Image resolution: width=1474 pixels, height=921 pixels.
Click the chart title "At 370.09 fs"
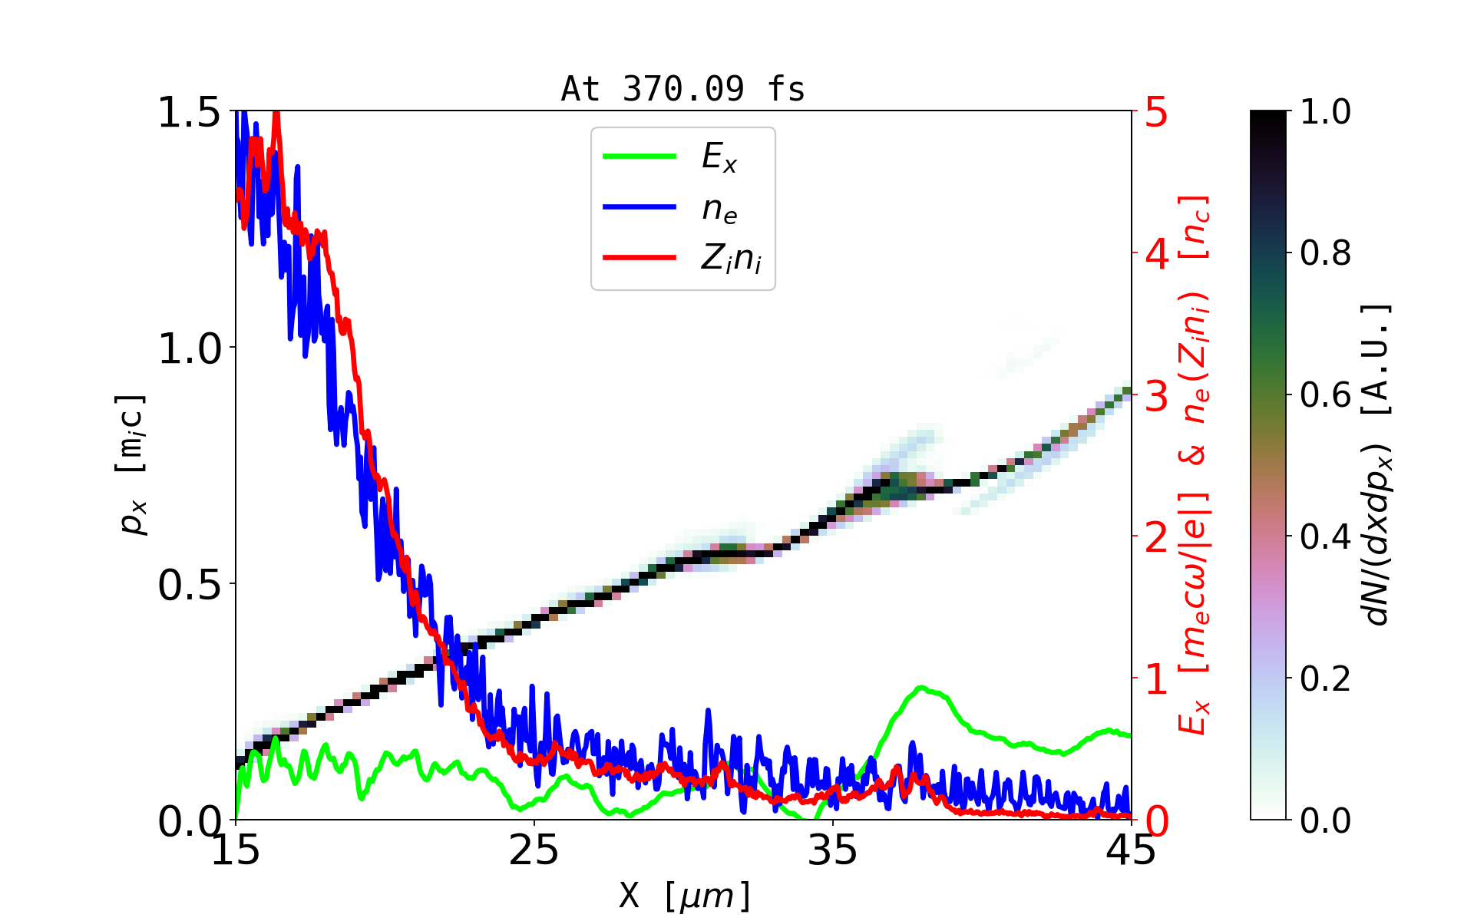click(x=682, y=89)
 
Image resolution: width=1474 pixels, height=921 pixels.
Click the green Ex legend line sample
click(x=640, y=157)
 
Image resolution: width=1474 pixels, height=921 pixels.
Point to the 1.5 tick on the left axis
click(x=189, y=113)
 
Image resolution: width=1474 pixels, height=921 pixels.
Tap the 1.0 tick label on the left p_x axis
click(x=189, y=349)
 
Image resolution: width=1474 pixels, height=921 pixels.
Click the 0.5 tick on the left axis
click(x=189, y=586)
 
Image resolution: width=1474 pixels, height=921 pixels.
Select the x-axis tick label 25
click(x=534, y=850)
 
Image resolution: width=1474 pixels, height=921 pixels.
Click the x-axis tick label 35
click(x=833, y=850)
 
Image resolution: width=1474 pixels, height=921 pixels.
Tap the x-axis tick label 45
click(x=1132, y=850)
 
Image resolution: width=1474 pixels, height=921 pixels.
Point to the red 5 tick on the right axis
click(x=1157, y=113)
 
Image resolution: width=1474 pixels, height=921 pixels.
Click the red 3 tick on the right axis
click(x=1157, y=397)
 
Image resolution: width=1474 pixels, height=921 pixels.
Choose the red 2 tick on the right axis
click(x=1157, y=538)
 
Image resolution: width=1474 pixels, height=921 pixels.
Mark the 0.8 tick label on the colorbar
click(x=1325, y=253)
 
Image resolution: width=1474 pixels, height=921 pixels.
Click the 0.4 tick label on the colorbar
click(x=1325, y=536)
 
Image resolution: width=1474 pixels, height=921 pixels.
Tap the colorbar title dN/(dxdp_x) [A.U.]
click(x=1377, y=464)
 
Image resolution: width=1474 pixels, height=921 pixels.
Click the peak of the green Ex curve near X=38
click(x=920, y=687)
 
